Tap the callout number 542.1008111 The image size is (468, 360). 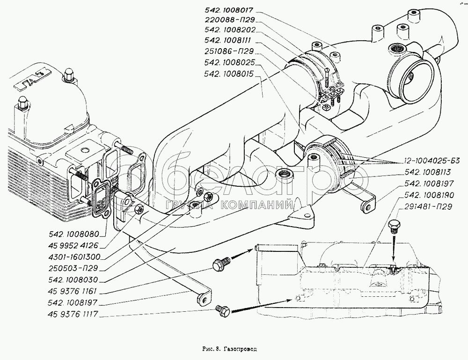tap(227, 41)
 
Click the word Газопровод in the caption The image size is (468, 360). tap(241, 349)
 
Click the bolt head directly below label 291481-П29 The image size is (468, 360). tap(393, 228)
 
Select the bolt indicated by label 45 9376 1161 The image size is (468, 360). tap(219, 264)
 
